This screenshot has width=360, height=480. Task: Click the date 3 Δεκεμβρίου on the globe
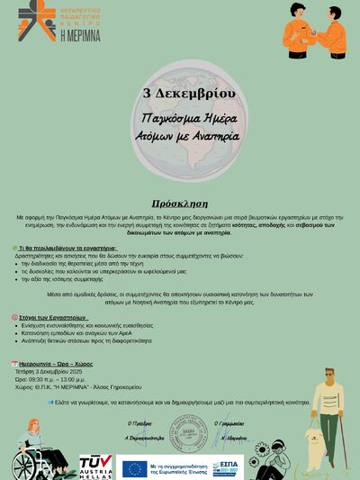[x=189, y=94]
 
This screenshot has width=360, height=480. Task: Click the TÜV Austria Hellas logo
[x=95, y=465]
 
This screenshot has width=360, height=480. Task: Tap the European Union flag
[x=135, y=467]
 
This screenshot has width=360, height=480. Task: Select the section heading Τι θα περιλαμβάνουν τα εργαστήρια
[x=67, y=247]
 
